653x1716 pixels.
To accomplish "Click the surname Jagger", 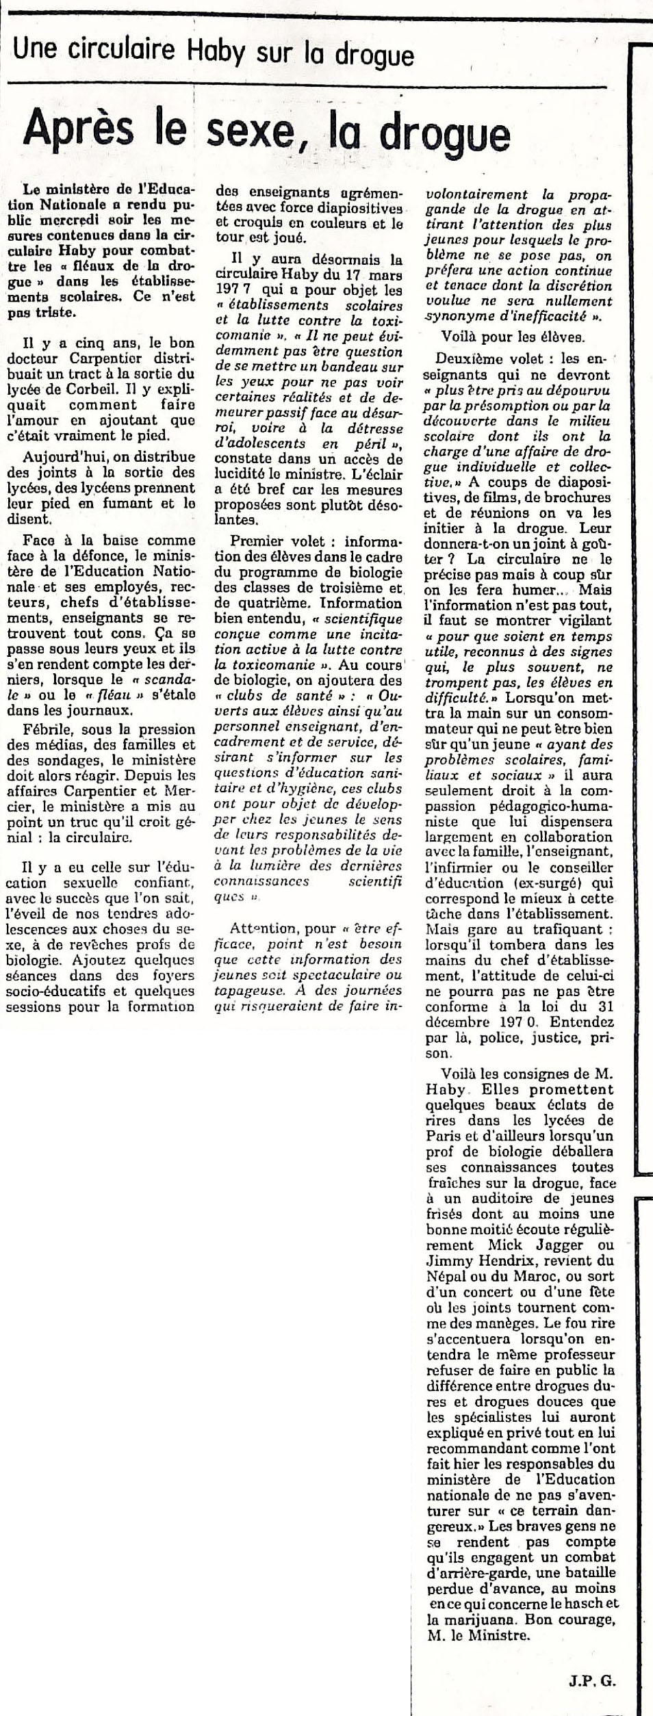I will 536,1245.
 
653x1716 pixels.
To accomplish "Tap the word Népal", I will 447,1277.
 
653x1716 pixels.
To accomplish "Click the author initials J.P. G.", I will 591,1678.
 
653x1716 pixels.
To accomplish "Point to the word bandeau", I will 354,367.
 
